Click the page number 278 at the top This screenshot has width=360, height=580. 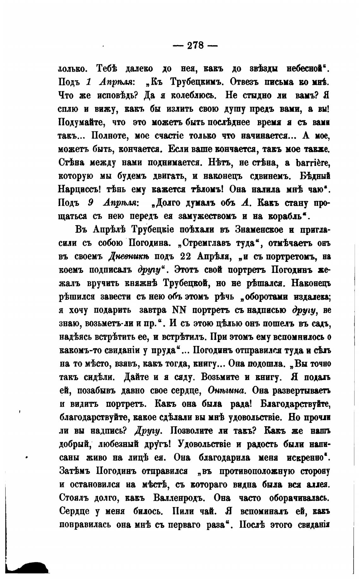pos(196,45)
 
